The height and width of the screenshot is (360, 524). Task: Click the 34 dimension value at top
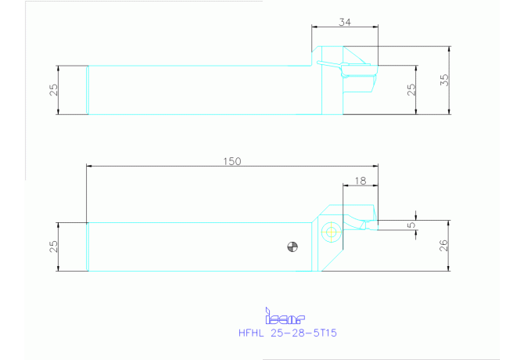coord(345,22)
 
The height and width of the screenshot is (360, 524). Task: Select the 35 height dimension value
coord(444,80)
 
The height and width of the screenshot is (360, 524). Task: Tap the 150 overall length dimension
coord(232,161)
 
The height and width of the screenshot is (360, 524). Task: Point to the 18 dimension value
coord(361,181)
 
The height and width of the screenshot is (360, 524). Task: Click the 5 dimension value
coord(411,225)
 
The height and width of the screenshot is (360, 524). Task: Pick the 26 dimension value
coord(443,246)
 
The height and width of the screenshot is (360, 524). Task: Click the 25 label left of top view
coord(53,90)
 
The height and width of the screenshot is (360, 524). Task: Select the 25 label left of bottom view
coord(53,247)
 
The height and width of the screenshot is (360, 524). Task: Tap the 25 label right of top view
coord(411,89)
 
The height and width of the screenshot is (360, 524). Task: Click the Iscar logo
coord(285,316)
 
